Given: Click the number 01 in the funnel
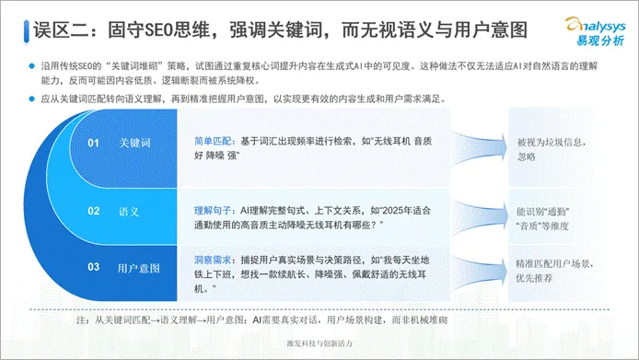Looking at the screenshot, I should [94, 144].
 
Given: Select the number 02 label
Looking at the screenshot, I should [94, 211].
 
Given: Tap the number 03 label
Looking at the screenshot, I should [94, 267].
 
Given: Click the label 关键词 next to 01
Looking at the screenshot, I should [134, 144].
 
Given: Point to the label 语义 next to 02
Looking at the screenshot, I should [129, 211].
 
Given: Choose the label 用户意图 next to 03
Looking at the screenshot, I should [139, 267].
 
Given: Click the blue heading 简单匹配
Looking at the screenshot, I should [213, 141].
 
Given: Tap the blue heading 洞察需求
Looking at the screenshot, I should [213, 258].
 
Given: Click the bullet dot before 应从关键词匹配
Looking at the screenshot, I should [30, 98].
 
